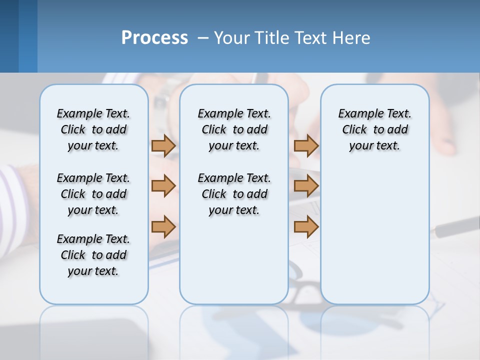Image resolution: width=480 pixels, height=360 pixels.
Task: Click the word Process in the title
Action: coord(154,38)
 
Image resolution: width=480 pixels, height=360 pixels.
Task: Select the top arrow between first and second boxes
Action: coord(163,145)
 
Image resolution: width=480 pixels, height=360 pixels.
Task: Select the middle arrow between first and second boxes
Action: coord(163,186)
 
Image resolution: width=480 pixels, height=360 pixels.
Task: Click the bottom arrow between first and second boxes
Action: coord(163,226)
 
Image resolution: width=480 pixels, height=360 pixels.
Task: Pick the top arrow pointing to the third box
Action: coord(306,145)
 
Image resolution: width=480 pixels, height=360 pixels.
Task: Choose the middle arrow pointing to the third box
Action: coord(306,186)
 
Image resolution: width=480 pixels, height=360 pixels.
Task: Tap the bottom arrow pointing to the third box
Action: coord(306,226)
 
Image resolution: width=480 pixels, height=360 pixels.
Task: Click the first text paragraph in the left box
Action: coord(93,129)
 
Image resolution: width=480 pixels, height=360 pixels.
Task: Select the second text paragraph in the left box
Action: coord(93,194)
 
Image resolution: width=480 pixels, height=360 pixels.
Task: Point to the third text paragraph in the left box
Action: coord(93,255)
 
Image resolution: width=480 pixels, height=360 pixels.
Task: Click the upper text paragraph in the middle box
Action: coord(234,129)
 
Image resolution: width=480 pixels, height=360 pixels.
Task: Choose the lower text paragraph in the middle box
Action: coord(234,194)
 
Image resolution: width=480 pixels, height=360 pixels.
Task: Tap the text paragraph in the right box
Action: coord(374,129)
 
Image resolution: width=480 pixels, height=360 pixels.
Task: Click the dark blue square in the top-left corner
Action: coord(9,36)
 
